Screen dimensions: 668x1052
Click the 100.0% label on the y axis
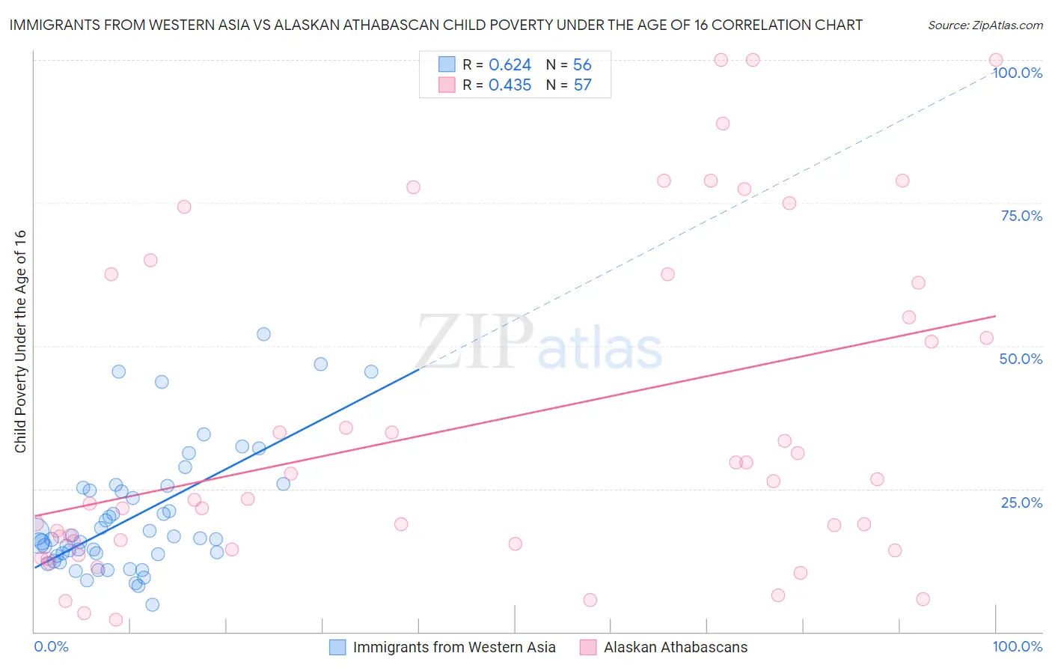pos(1017,73)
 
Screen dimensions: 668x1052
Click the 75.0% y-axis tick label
pos(1021,216)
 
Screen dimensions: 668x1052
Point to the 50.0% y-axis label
pos(1021,359)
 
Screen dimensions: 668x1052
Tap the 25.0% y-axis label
pos(1021,502)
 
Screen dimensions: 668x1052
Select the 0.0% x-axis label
pos(51,646)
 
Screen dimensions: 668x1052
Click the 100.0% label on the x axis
pos(1017,646)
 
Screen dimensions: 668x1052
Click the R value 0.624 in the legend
pos(510,65)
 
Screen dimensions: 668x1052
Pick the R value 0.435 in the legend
pos(510,85)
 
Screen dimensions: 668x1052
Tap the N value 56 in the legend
pos(582,65)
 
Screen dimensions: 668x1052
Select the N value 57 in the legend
pos(582,85)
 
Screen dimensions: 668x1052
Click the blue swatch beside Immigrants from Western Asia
pos(337,647)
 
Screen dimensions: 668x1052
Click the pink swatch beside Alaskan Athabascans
pos(588,647)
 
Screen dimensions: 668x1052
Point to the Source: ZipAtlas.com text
pos(985,25)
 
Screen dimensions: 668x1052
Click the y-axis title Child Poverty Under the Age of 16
pos(21,341)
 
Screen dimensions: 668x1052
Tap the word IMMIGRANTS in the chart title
pos(57,25)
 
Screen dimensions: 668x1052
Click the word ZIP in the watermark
pos(474,343)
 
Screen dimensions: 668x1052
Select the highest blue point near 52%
pos(263,334)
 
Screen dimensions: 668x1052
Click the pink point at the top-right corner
pos(996,60)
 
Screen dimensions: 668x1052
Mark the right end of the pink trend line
pos(996,316)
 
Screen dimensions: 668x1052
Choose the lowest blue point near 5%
pos(153,604)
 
